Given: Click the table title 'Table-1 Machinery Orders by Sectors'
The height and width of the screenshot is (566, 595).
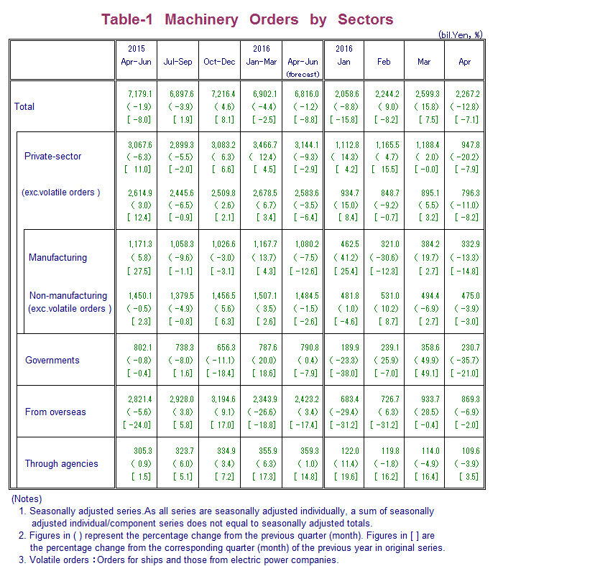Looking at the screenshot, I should pyautogui.click(x=247, y=19).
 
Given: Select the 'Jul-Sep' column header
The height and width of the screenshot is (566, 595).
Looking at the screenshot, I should pyautogui.click(x=178, y=62).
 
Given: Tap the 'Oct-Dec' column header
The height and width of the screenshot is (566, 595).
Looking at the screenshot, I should pyautogui.click(x=219, y=62).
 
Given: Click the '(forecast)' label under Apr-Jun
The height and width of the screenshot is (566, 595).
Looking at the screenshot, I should pyautogui.click(x=303, y=74).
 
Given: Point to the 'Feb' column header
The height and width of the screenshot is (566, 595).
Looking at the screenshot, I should pyautogui.click(x=384, y=62).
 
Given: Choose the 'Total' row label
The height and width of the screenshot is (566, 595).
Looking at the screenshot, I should pyautogui.click(x=24, y=106).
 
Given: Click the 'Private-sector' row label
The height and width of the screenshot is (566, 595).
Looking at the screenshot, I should pyautogui.click(x=53, y=156).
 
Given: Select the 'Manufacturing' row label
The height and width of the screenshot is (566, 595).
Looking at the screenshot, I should pyautogui.click(x=57, y=257).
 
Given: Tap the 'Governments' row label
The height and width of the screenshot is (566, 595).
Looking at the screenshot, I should pyautogui.click(x=52, y=360).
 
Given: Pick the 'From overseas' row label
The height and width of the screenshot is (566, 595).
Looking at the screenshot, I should pyautogui.click(x=55, y=412).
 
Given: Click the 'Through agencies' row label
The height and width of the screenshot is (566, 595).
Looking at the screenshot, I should pyautogui.click(x=62, y=463).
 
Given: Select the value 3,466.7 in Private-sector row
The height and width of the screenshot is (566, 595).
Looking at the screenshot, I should pyautogui.click(x=261, y=144).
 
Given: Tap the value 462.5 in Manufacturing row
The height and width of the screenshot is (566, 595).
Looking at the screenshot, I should pyautogui.click(x=343, y=245).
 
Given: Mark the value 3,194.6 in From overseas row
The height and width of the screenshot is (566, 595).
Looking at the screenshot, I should pyautogui.click(x=219, y=399).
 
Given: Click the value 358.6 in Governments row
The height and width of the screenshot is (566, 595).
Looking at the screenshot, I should pyautogui.click(x=424, y=348).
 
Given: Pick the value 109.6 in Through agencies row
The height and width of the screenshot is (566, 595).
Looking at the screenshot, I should pyautogui.click(x=465, y=450).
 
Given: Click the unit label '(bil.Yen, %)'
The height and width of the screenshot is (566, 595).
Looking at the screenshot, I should pyautogui.click(x=461, y=34).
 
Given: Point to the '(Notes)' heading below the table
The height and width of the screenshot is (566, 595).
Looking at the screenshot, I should pyautogui.click(x=26, y=498).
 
